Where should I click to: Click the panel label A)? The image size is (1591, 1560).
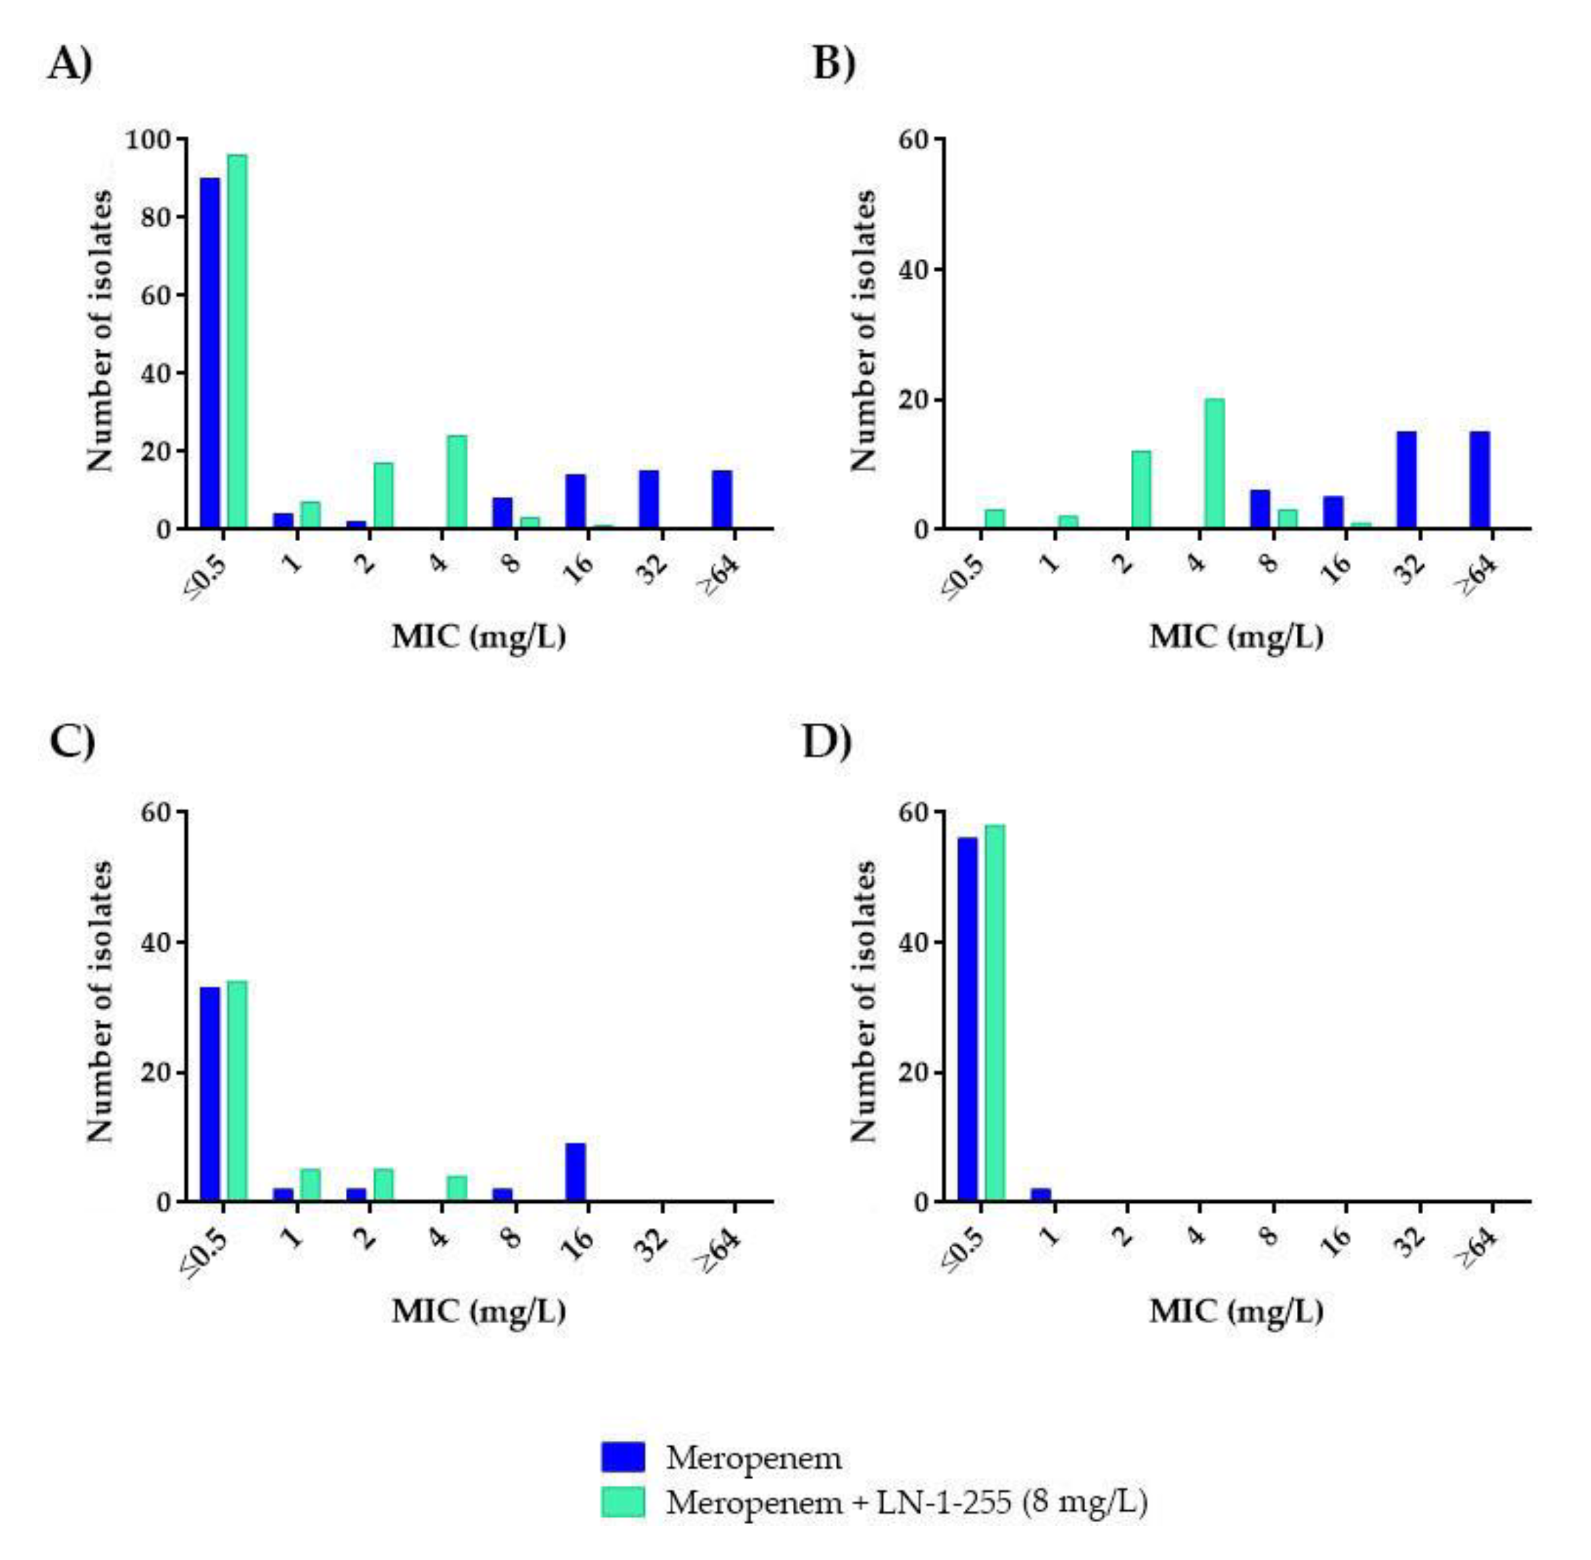(70, 63)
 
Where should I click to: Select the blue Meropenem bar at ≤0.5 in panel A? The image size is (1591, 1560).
(210, 352)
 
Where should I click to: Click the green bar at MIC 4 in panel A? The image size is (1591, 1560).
(457, 481)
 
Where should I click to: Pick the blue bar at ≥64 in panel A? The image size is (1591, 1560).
(721, 499)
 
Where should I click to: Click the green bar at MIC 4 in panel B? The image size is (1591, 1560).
(1214, 463)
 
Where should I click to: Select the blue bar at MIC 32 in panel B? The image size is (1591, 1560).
(1406, 479)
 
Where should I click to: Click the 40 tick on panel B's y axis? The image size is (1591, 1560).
(916, 270)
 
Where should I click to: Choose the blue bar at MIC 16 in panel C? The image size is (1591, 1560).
(575, 1172)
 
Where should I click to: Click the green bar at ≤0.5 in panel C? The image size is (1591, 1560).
(237, 1091)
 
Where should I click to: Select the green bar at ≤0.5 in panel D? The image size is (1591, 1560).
(995, 1013)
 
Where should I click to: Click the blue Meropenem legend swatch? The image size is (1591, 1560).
(623, 1456)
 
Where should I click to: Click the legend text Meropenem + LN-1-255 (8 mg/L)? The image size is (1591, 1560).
(906, 1502)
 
